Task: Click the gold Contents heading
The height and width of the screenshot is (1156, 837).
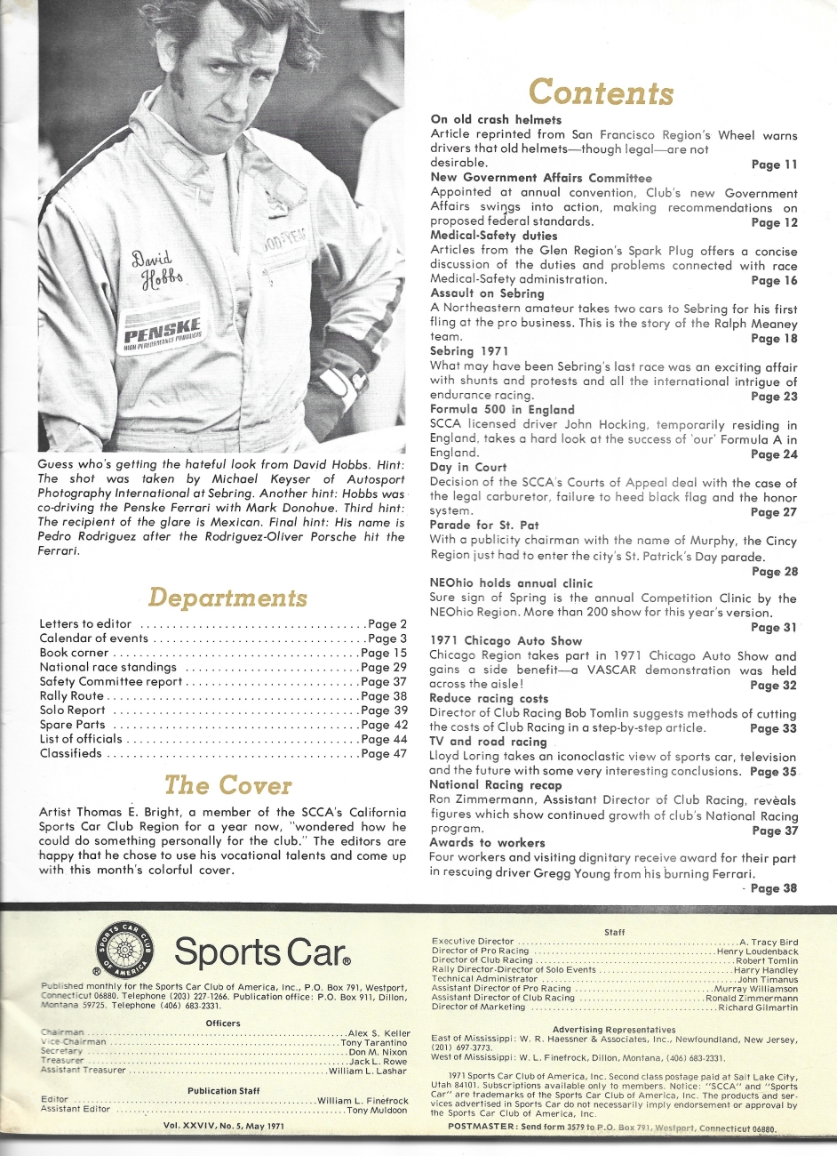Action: [x=602, y=92]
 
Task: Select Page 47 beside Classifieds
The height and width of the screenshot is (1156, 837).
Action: [x=384, y=753]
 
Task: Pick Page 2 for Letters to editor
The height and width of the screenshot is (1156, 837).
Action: [x=387, y=624]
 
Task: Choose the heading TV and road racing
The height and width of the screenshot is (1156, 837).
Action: [x=488, y=742]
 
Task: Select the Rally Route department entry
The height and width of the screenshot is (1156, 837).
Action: [x=72, y=696]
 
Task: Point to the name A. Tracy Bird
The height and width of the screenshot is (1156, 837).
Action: [x=769, y=942]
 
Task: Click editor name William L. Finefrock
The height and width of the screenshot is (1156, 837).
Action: [x=363, y=1101]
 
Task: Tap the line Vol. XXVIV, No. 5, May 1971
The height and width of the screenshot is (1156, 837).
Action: [x=224, y=1126]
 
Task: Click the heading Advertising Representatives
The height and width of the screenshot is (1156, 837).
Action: [x=614, y=1030]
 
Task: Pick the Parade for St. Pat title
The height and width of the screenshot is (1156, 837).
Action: [x=483, y=525]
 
